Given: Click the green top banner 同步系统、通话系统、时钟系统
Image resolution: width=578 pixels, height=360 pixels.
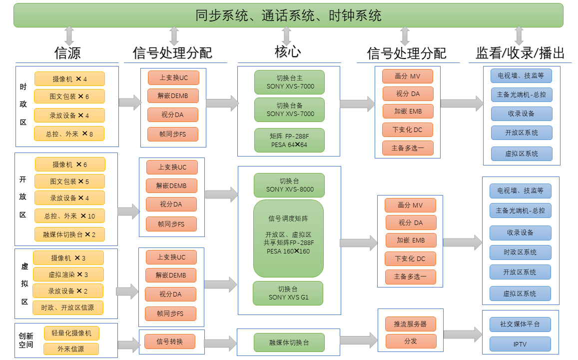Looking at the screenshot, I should pyautogui.click(x=288, y=15).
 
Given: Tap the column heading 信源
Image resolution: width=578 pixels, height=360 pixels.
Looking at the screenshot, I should pyautogui.click(x=67, y=53).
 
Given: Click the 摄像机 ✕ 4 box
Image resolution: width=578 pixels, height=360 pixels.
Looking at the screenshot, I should pyautogui.click(x=69, y=79).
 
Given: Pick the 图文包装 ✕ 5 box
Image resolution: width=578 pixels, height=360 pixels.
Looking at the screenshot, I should pyautogui.click(x=69, y=181).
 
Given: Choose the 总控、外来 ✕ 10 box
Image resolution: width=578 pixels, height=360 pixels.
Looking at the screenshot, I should pyautogui.click(x=69, y=216).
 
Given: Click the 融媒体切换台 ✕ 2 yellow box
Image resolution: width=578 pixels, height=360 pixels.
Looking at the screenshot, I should pyautogui.click(x=69, y=234).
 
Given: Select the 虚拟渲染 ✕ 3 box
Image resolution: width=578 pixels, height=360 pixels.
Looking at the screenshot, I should pyautogui.click(x=68, y=274).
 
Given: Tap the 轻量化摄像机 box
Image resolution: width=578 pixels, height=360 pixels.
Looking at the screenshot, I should pyautogui.click(x=71, y=333).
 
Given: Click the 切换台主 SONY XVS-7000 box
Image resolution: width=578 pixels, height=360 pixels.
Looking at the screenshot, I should pyautogui.click(x=289, y=82).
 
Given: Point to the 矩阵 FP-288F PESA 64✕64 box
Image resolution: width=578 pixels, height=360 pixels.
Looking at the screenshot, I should pyautogui.click(x=289, y=140).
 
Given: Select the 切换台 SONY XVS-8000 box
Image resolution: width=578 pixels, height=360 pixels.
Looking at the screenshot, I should pyautogui.click(x=289, y=185).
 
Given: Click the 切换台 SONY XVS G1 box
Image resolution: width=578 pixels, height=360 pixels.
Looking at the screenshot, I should pyautogui.click(x=288, y=293).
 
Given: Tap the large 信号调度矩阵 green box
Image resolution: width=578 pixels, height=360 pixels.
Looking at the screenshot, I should pyautogui.click(x=289, y=238).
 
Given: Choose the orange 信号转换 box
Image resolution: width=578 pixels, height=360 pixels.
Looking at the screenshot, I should pyautogui.click(x=170, y=341).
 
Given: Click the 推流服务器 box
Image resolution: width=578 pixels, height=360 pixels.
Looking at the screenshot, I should pyautogui.click(x=411, y=324).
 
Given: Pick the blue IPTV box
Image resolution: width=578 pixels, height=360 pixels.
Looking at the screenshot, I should pyautogui.click(x=520, y=344).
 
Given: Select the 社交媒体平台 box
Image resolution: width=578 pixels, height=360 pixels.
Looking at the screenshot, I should pyautogui.click(x=520, y=324).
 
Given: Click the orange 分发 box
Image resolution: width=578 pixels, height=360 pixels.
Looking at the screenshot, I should pyautogui.click(x=411, y=341).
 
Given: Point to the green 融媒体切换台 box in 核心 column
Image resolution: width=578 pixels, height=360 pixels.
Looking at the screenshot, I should pyautogui.click(x=289, y=342).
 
